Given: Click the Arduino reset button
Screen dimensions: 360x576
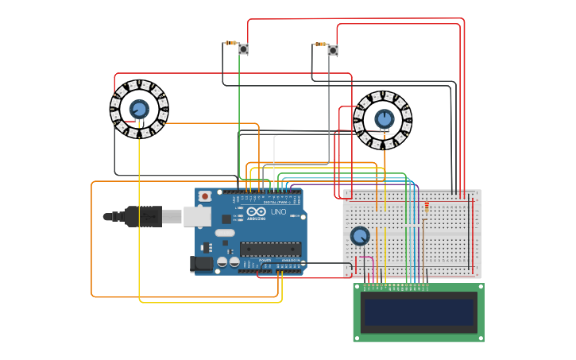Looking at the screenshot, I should [205, 195].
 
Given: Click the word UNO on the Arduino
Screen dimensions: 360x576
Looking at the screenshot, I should [278, 212].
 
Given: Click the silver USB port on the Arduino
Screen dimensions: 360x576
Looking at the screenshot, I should [196, 215].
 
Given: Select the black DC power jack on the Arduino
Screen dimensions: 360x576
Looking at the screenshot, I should [202, 264].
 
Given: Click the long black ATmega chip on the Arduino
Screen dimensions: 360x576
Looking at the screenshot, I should [270, 249].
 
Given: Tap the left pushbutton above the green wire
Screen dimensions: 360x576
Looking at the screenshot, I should [243, 50].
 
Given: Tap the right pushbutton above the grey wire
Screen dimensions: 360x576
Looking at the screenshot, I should [333, 50].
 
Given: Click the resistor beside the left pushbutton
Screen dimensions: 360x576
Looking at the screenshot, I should [230, 43].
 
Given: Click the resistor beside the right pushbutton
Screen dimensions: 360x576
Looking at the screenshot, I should [320, 45].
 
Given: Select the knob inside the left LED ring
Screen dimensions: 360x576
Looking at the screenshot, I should [139, 109].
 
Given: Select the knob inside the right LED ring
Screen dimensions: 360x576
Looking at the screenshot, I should [384, 118].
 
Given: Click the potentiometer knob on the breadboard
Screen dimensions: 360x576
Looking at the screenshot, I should [360, 236].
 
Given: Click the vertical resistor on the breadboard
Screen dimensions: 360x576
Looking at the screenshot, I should [426, 209].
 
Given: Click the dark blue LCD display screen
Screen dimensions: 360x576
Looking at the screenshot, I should [419, 312].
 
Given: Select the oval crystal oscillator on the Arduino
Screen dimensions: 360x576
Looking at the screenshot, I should [224, 234].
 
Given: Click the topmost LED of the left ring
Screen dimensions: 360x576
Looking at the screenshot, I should [139, 83].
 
